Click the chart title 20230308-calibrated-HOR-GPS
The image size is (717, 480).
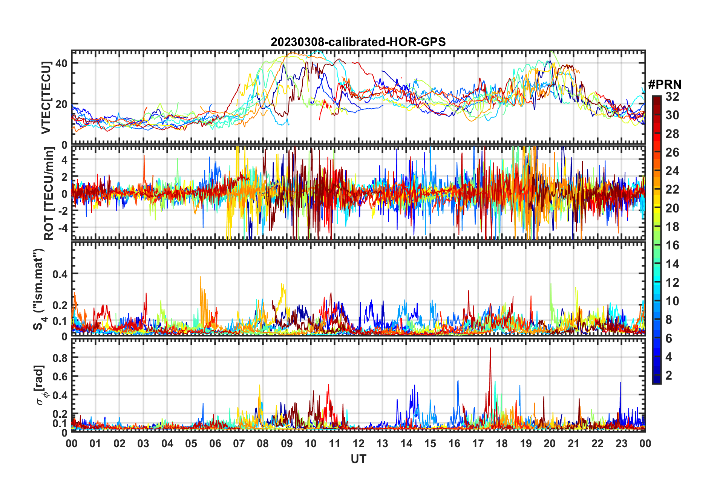(x=358, y=42)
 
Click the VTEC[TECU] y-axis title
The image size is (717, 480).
(x=46, y=97)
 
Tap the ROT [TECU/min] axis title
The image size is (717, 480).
(x=49, y=193)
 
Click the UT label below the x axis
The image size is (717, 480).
(x=358, y=459)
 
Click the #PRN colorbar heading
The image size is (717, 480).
(x=665, y=85)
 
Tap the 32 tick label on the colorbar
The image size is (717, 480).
(x=672, y=97)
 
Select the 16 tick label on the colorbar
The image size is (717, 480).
(x=672, y=245)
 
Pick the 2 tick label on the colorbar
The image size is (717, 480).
(x=669, y=375)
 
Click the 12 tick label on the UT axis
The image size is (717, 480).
(x=358, y=443)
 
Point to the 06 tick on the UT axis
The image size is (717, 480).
(x=215, y=443)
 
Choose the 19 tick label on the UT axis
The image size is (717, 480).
(x=526, y=443)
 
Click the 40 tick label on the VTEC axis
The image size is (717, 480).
(x=61, y=63)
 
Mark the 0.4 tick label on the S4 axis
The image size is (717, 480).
(x=60, y=274)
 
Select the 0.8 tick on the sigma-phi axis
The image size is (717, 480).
(x=60, y=358)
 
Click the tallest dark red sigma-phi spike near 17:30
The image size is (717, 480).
(x=490, y=349)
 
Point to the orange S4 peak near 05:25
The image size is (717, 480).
(x=201, y=277)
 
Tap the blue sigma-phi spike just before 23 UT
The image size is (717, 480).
(x=620, y=383)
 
